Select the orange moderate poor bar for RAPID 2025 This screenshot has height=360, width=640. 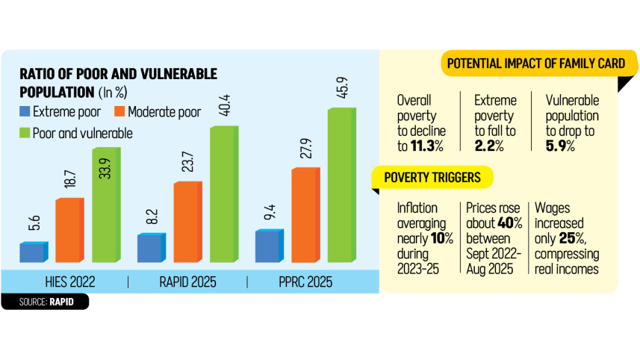pos(187,223)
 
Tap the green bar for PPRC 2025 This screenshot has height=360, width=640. pos(341,185)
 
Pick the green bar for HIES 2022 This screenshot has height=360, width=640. pos(105,205)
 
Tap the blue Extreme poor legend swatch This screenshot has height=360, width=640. pos(25,113)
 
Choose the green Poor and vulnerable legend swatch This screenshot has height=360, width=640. pos(25,133)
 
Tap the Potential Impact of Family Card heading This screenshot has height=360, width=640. pos(535,64)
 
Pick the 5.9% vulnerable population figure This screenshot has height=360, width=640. pos(562,145)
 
